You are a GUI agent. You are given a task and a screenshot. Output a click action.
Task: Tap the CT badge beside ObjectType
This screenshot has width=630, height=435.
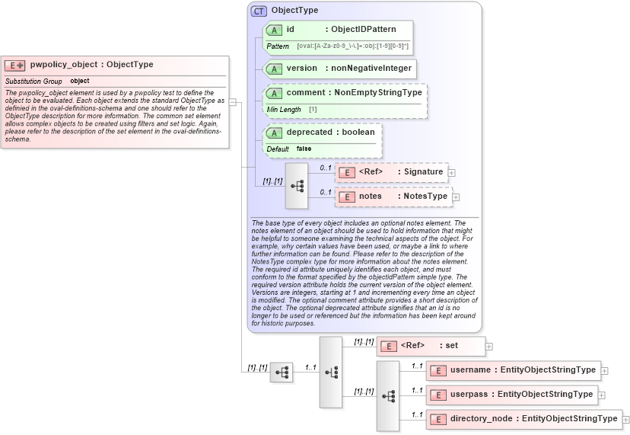point(259,11)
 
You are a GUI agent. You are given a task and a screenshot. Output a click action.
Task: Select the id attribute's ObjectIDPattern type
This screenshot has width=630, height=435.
point(364,29)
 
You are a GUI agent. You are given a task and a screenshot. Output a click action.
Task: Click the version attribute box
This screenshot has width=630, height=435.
point(339,68)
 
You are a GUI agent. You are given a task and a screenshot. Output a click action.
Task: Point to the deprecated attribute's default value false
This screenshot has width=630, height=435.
point(304,149)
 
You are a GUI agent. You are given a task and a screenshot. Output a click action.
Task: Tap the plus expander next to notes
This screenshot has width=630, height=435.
point(457,197)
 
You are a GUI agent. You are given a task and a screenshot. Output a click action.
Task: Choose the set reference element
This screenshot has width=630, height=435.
point(431,346)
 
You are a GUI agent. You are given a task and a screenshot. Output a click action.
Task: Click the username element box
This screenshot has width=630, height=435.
point(514,370)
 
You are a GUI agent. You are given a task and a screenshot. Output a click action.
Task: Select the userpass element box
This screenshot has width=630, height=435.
point(512,395)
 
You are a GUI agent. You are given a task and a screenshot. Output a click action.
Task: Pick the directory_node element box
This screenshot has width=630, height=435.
point(523,419)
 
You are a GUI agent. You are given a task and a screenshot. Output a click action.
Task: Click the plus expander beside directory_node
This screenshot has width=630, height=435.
point(626,419)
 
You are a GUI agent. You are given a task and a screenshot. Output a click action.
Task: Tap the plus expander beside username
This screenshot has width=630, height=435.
point(605,371)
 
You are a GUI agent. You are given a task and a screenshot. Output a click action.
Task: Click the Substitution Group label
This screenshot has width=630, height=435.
point(33,81)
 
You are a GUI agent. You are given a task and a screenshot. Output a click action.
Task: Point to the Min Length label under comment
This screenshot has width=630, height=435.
point(284,110)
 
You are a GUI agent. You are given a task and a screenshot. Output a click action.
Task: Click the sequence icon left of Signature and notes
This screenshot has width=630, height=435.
point(297,185)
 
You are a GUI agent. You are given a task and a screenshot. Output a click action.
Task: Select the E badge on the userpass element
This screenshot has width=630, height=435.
point(437,395)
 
